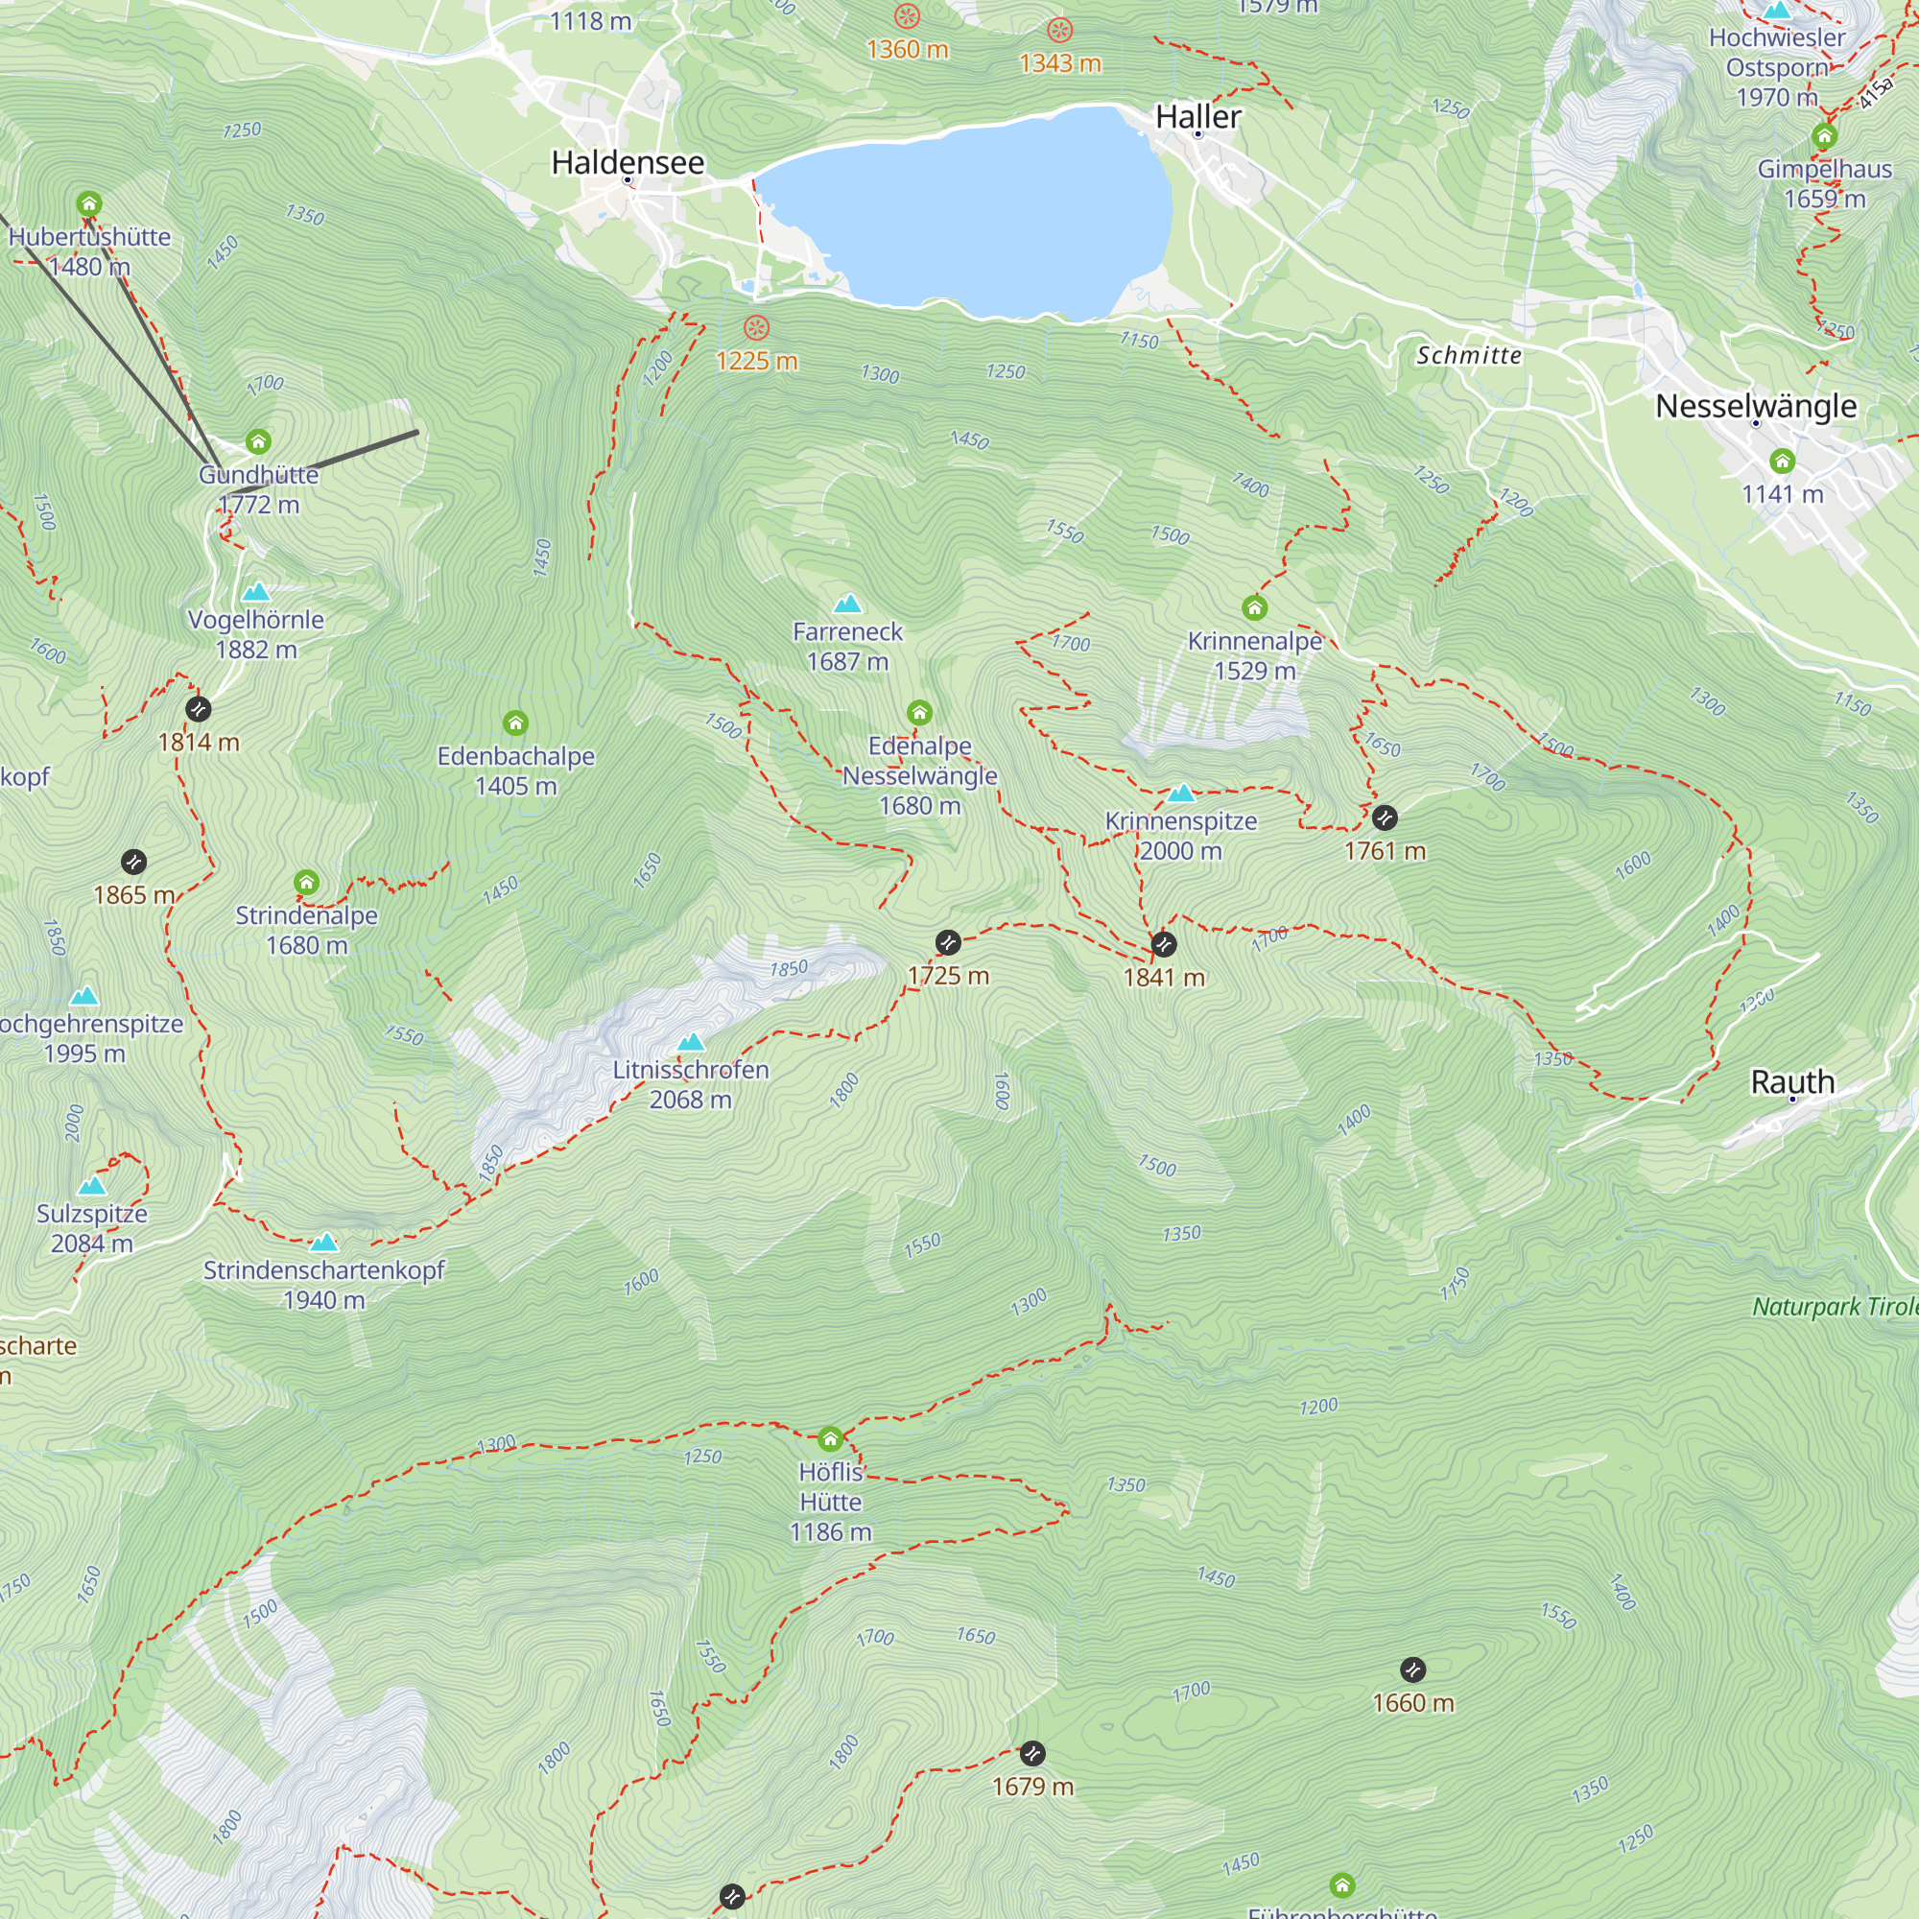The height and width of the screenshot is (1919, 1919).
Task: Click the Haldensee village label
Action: pyautogui.click(x=628, y=162)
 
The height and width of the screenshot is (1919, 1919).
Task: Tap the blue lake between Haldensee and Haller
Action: pyautogui.click(x=963, y=214)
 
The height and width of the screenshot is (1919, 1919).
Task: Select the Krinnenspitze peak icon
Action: pyautogui.click(x=1181, y=793)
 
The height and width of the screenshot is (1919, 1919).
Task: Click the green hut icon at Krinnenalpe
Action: pyautogui.click(x=1254, y=607)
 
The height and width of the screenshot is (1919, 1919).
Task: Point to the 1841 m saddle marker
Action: pyautogui.click(x=1163, y=943)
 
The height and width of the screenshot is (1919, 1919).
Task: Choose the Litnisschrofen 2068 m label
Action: pyautogui.click(x=690, y=1083)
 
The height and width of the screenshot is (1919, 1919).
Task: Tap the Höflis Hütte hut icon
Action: pyautogui.click(x=830, y=1438)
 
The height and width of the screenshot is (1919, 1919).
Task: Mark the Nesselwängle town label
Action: pyautogui.click(x=1755, y=405)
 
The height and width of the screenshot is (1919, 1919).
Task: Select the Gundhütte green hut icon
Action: pyautogui.click(x=258, y=441)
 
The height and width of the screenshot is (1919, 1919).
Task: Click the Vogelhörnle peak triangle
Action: pyautogui.click(x=256, y=592)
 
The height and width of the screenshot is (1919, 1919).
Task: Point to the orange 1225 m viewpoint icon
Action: pyautogui.click(x=757, y=328)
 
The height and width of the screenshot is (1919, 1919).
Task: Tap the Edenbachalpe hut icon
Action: pyautogui.click(x=515, y=723)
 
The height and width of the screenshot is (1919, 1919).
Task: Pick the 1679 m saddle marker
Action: pyautogui.click(x=1033, y=1753)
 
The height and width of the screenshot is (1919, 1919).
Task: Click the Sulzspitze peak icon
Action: pyautogui.click(x=92, y=1185)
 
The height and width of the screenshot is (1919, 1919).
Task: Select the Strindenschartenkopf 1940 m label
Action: pyautogui.click(x=323, y=1285)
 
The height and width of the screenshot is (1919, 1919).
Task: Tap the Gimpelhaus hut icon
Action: pyautogui.click(x=1824, y=136)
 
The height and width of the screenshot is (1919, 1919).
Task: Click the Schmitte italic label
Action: pyautogui.click(x=1468, y=355)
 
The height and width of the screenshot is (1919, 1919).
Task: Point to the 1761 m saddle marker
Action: pyautogui.click(x=1385, y=817)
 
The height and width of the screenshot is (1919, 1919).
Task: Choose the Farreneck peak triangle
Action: pyautogui.click(x=847, y=603)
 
